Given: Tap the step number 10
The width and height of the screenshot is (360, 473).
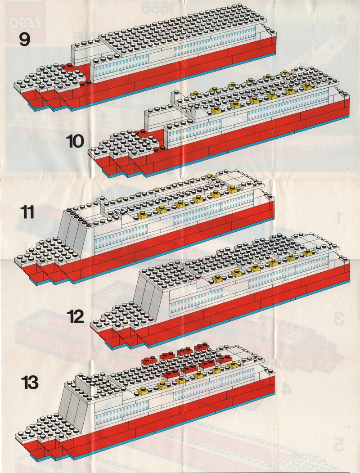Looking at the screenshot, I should [75, 142].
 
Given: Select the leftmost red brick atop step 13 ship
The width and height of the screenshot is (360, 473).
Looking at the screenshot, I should [149, 360].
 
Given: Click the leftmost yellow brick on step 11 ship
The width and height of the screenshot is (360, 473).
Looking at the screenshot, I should [143, 216].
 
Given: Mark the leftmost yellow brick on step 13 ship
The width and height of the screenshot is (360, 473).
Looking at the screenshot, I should [143, 391].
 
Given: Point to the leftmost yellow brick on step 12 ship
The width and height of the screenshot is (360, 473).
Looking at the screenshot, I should [219, 279].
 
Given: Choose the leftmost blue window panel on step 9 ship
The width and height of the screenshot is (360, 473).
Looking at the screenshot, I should [119, 66].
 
